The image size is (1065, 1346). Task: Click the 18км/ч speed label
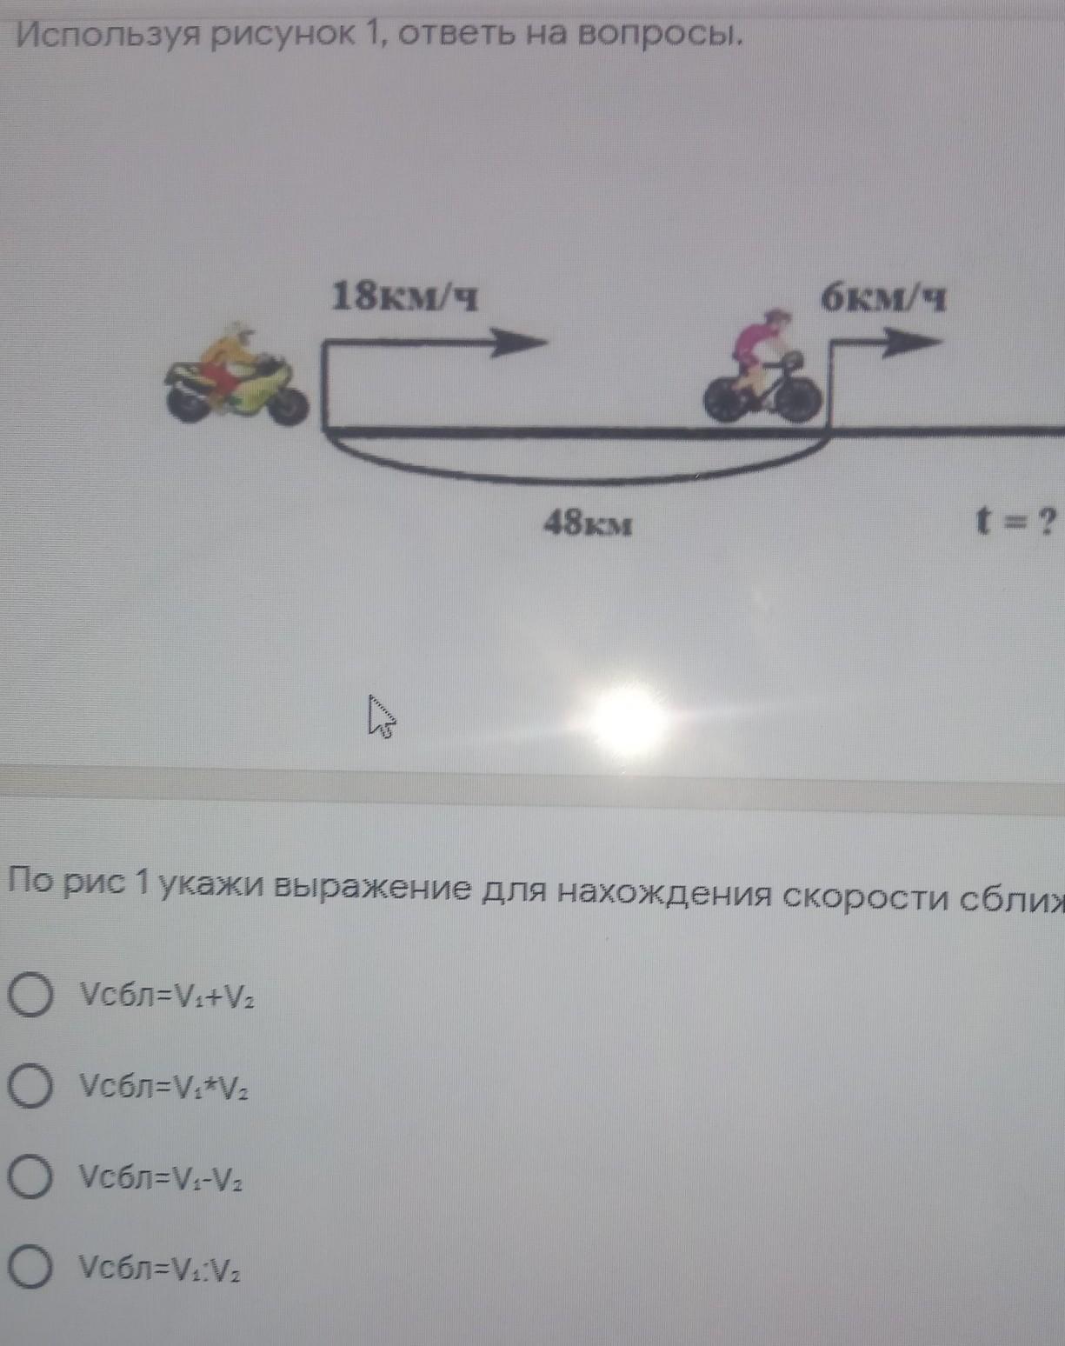[x=404, y=298]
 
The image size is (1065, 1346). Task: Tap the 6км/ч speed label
[x=883, y=300]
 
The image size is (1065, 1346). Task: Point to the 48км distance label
[x=588, y=523]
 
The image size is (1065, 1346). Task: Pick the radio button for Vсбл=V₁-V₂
[x=30, y=1177]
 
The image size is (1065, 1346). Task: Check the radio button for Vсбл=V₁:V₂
[x=30, y=1269]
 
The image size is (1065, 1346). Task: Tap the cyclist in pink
[x=763, y=370]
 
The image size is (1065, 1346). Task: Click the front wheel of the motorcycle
[x=286, y=403]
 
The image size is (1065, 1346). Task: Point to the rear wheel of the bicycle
[x=727, y=401]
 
